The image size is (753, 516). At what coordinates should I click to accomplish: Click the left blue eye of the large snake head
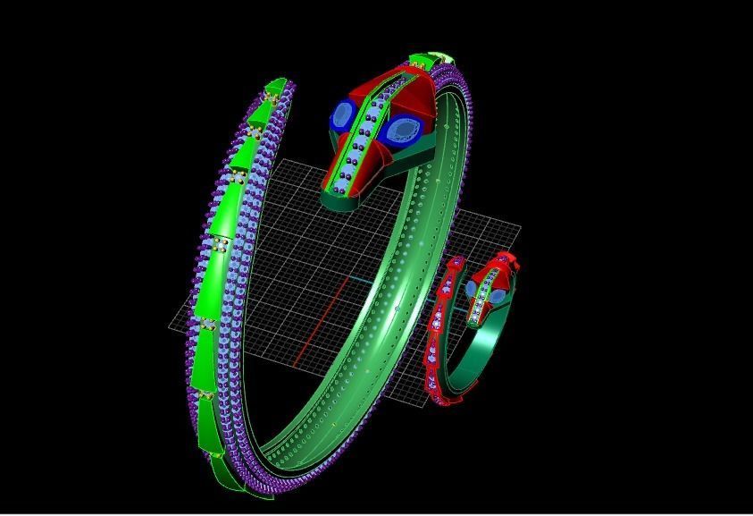[x=343, y=115]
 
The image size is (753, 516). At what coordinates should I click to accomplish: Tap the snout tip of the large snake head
[x=340, y=190]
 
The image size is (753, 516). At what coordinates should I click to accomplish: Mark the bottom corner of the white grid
[x=427, y=408]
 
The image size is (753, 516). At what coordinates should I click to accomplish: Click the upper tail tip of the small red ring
[x=456, y=262]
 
